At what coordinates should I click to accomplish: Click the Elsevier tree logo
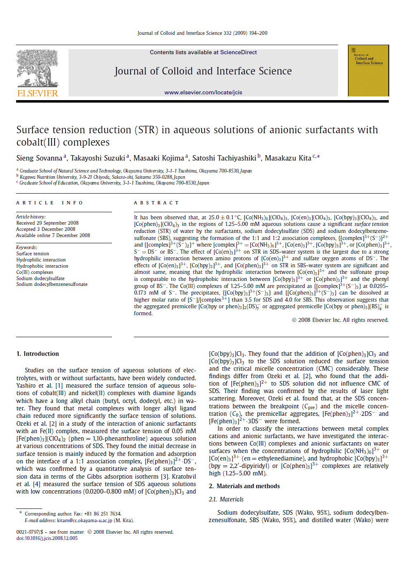click(37, 69)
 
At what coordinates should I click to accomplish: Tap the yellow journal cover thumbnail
click(368, 71)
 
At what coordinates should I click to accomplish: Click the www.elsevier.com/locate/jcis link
click(203, 93)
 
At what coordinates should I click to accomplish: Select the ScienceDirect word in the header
click(238, 53)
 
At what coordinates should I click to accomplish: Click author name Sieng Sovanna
click(39, 158)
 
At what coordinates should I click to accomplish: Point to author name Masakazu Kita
click(288, 158)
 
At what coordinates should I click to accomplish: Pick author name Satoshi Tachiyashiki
click(224, 158)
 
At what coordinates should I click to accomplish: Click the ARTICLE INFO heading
click(50, 203)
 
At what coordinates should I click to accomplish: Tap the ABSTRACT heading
click(156, 203)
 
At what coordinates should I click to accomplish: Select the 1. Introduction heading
click(38, 354)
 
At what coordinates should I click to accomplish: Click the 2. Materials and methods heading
click(244, 486)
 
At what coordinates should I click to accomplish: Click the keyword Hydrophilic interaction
click(41, 260)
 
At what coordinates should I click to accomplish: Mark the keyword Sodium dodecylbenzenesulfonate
click(52, 284)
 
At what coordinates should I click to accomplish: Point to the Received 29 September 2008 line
click(48, 223)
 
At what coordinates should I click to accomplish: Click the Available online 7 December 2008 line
click(53, 235)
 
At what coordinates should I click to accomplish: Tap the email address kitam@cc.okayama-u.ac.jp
click(84, 520)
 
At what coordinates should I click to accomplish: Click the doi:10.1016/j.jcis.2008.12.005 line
click(47, 538)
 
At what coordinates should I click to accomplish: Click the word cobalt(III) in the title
click(39, 142)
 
